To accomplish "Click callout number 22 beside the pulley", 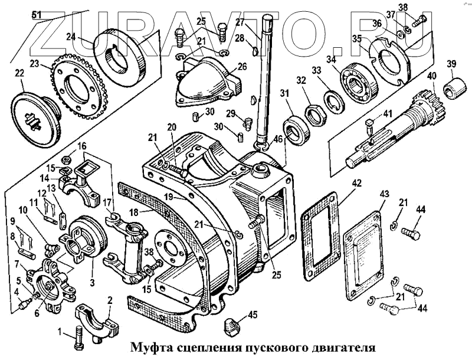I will click(19, 74).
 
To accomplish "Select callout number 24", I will click(71, 36).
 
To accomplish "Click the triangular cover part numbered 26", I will click(206, 85).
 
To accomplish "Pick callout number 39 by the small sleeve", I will click(451, 64).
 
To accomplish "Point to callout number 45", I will click(253, 315).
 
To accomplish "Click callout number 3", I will click(91, 282).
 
